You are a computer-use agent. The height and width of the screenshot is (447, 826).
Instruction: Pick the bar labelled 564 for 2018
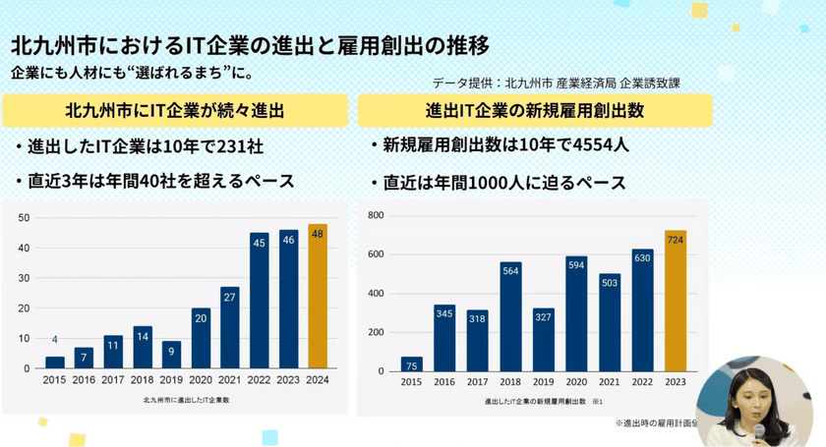tap(509, 315)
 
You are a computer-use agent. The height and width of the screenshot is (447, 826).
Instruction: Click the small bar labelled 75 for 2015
tap(411, 363)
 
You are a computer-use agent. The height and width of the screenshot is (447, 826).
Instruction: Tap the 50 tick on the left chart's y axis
tap(24, 218)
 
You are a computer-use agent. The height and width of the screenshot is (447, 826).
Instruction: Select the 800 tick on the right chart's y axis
tap(375, 214)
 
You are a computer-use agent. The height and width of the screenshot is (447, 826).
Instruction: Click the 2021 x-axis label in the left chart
tap(230, 379)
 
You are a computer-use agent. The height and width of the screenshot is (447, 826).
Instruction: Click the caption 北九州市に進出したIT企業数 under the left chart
tap(187, 401)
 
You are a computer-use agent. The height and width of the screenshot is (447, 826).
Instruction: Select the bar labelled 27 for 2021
tap(230, 327)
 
